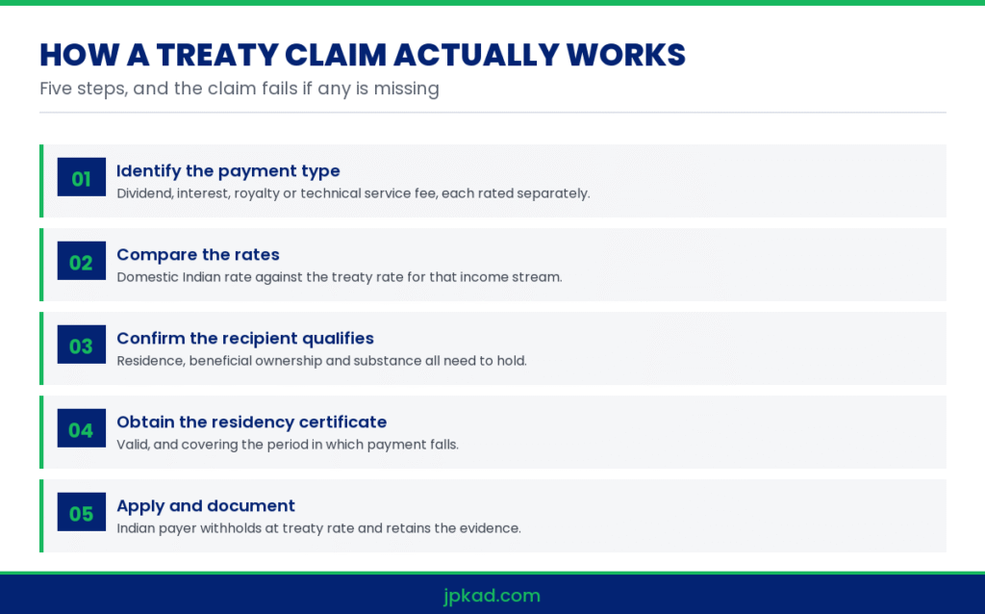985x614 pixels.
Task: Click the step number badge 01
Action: (82, 177)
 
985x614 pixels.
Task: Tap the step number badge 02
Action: (82, 261)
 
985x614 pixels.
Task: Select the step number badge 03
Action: (82, 345)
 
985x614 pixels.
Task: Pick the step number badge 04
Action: (82, 428)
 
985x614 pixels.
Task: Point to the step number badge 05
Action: (82, 512)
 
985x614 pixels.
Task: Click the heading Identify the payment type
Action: (228, 171)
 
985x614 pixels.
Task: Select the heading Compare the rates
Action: (198, 254)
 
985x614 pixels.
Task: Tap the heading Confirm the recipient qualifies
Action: (245, 338)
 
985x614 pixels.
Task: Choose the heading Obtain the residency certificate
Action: (251, 422)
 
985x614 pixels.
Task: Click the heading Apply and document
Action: (206, 506)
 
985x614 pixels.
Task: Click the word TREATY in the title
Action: (216, 55)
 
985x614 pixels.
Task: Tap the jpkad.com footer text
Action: (492, 596)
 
